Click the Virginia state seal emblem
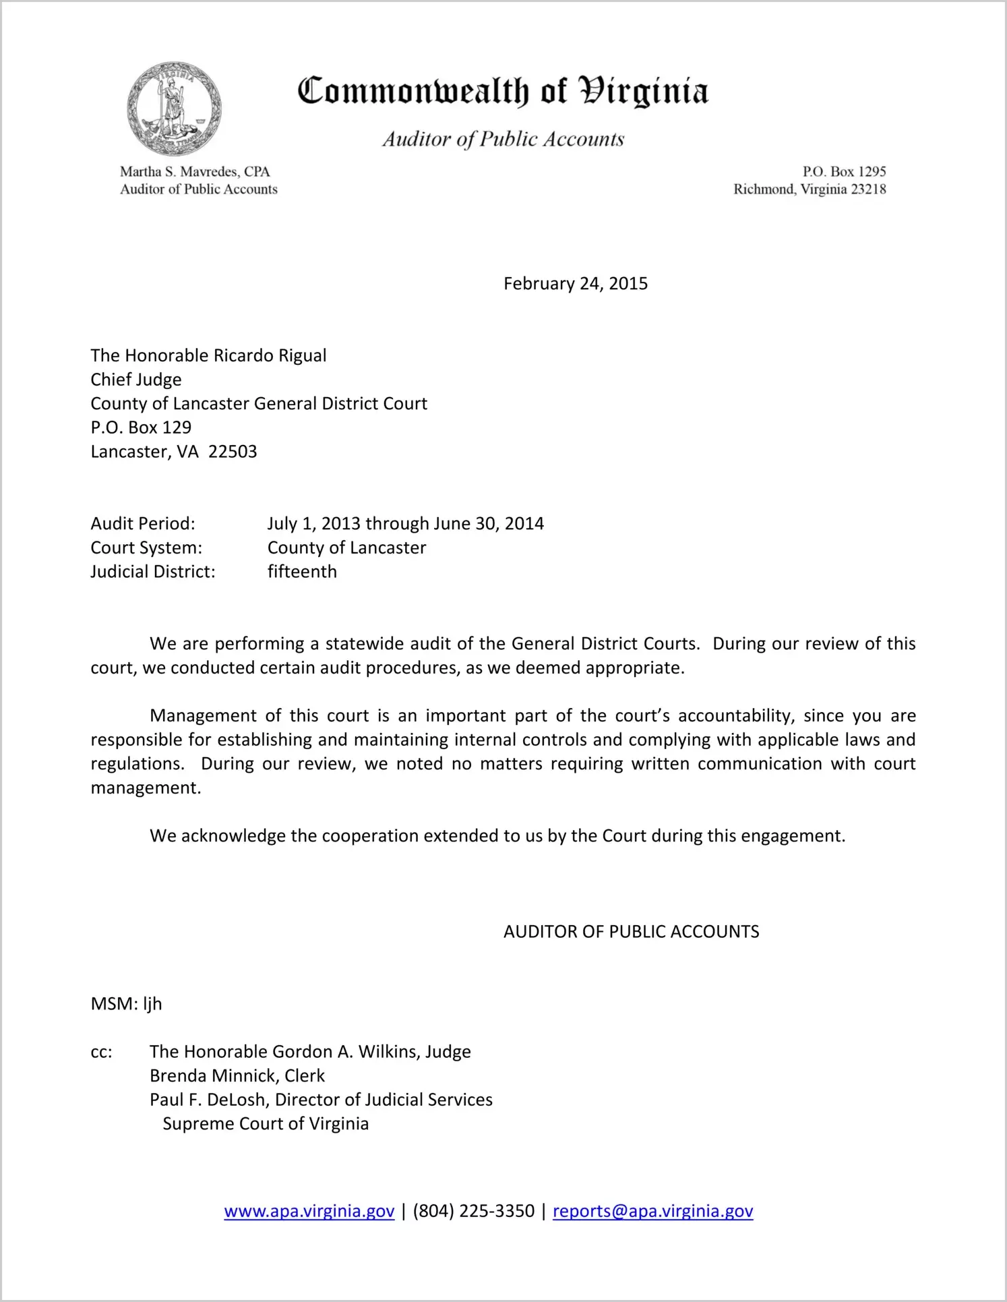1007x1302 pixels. [x=174, y=109]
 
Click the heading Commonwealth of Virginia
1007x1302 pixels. [x=503, y=92]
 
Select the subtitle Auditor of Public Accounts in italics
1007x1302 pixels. [x=503, y=140]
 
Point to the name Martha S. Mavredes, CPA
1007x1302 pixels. [x=195, y=172]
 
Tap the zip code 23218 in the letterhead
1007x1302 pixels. [x=868, y=189]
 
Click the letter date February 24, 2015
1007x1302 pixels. [x=575, y=284]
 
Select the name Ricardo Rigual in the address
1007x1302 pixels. [x=270, y=356]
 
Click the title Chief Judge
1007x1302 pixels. [x=136, y=380]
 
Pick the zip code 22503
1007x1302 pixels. [x=233, y=452]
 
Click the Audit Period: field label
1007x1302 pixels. [x=143, y=524]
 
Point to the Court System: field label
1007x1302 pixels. [x=146, y=548]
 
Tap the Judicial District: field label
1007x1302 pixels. [x=153, y=572]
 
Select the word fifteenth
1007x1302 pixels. [x=302, y=572]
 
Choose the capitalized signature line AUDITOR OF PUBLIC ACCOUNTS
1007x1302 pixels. [x=631, y=932]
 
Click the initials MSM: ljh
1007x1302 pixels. [x=126, y=1004]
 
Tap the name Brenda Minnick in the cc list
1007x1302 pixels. [x=214, y=1076]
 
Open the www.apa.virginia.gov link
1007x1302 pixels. [x=309, y=1212]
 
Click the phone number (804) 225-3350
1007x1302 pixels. [x=473, y=1212]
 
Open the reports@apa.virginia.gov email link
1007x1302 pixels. [x=652, y=1212]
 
